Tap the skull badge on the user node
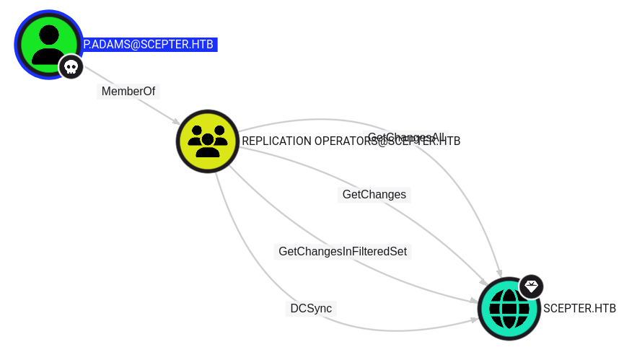point(71,67)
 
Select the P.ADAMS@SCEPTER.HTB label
point(149,45)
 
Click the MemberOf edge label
point(128,92)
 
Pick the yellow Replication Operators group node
point(208,141)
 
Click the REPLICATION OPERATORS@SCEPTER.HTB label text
point(351,141)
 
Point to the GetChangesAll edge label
point(406,137)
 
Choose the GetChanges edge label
point(374,194)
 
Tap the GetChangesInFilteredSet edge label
point(343,252)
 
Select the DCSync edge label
point(311,309)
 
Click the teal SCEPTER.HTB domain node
point(509,309)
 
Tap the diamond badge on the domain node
point(531,286)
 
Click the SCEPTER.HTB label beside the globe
point(579,309)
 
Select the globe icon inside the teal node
point(509,309)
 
